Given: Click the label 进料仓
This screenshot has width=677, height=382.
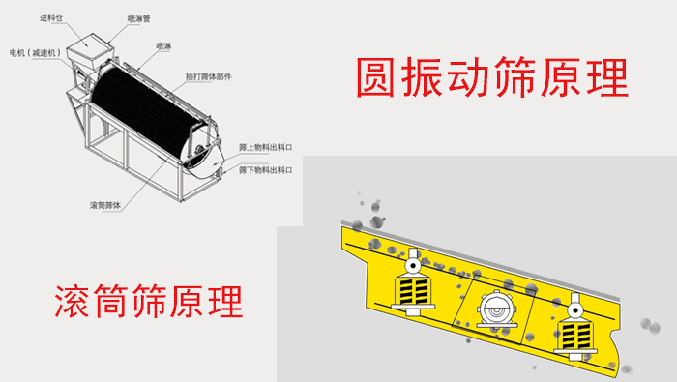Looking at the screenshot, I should tap(51, 17).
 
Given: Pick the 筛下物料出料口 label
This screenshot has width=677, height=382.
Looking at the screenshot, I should tap(264, 170).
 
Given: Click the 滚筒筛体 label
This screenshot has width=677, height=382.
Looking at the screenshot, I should tap(106, 205).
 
